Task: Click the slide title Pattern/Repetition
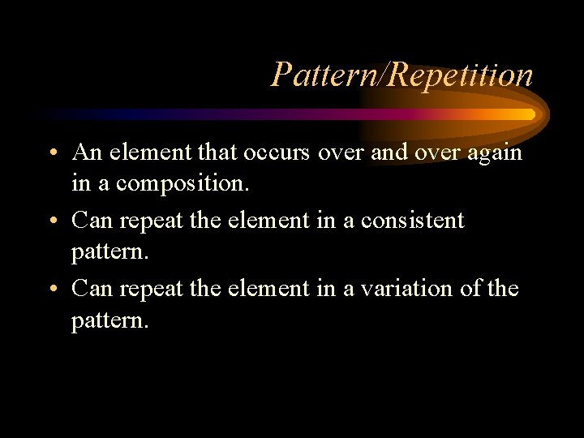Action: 401,75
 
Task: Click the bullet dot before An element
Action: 51,154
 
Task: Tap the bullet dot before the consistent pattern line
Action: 51,221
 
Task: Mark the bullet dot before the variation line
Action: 51,290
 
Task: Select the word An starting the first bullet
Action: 85,152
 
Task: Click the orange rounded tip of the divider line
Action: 529,114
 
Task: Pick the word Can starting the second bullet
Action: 90,220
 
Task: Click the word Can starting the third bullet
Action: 90,288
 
